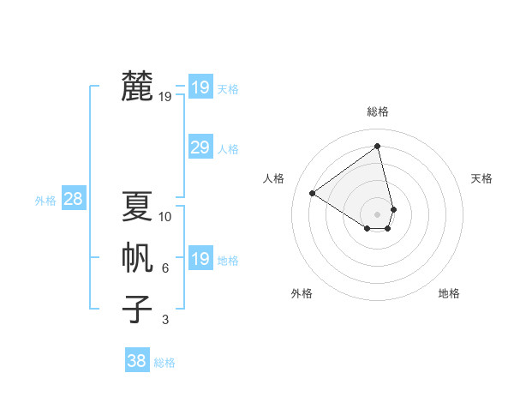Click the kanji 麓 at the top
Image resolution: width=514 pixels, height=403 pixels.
pos(137,86)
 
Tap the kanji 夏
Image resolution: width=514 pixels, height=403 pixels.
pos(137,206)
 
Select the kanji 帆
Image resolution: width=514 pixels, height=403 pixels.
pos(137,257)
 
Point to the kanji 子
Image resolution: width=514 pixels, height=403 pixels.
pos(137,309)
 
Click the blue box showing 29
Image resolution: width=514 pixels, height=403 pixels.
pos(200,147)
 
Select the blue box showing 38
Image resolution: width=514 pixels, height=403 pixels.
pos(136,361)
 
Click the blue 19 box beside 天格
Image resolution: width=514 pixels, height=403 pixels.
pos(200,87)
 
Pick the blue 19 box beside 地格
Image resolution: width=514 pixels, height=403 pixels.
pos(200,259)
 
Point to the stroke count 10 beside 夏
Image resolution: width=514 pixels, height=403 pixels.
pos(165,217)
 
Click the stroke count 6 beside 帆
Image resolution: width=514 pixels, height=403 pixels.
pos(165,268)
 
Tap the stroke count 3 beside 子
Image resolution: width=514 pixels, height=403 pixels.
pos(165,320)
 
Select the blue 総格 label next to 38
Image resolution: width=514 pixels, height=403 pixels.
pos(164,363)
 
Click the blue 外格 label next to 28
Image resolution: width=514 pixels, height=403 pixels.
pos(45,201)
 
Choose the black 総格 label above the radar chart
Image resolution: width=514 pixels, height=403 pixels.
pos(377,111)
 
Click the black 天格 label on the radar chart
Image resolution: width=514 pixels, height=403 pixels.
pos(481,178)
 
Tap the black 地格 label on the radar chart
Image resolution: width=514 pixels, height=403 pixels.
pos(449,293)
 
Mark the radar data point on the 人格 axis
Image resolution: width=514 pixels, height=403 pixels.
pos(312,193)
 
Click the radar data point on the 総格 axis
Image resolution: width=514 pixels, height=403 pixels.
pos(377,147)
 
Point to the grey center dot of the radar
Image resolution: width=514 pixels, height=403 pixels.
pos(377,214)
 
